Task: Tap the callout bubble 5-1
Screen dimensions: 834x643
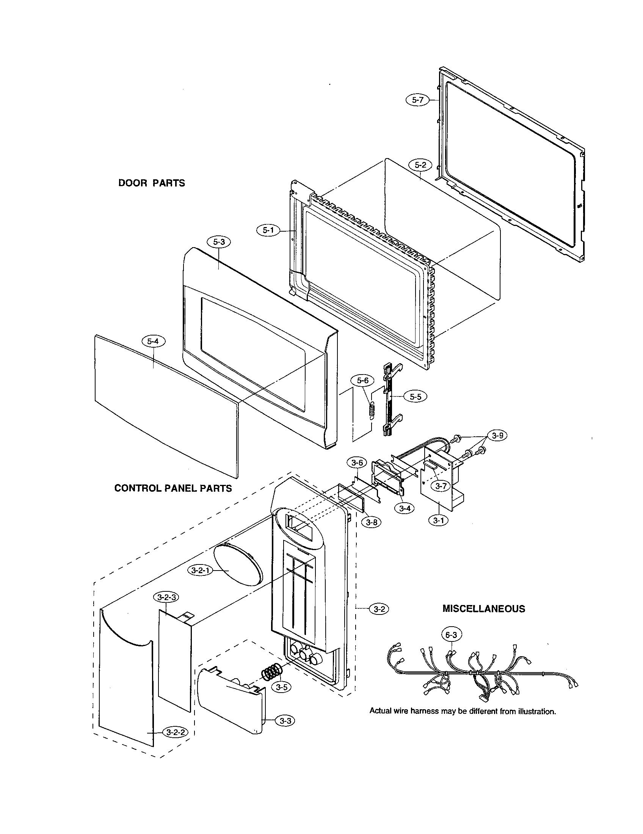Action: click(x=268, y=230)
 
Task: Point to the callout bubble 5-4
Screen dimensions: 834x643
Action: click(x=153, y=341)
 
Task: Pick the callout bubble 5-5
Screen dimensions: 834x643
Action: click(x=416, y=397)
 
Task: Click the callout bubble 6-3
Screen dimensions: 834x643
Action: click(x=451, y=635)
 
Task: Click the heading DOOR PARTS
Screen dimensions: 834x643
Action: click(x=152, y=183)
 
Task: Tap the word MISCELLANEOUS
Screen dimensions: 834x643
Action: click(x=483, y=608)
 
